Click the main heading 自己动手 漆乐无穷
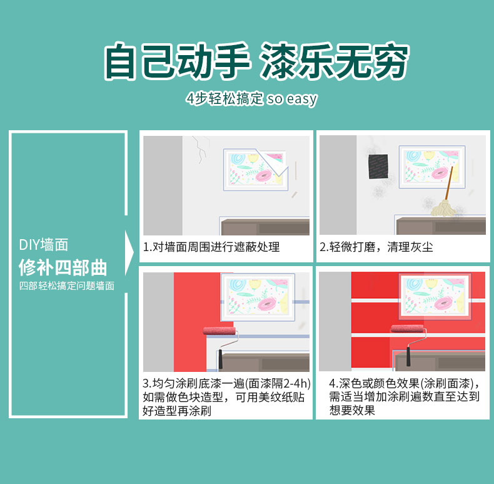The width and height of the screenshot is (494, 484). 256,62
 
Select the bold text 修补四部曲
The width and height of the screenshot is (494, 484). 63,267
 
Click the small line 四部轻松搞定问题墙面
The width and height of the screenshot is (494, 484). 66,286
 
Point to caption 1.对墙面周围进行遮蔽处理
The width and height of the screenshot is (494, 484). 211,247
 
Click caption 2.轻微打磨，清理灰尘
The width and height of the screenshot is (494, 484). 376,247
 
